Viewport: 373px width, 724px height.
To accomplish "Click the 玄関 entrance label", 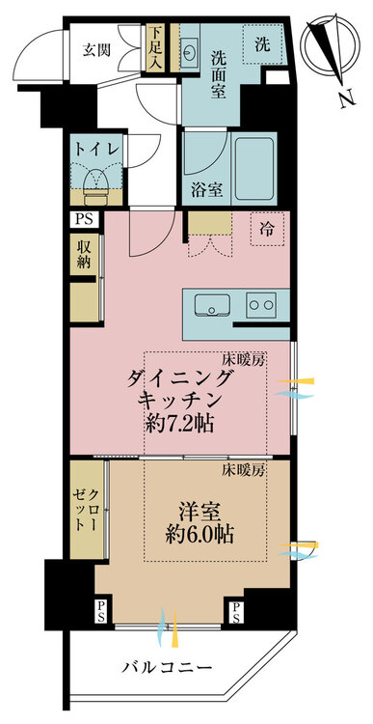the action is (96, 49).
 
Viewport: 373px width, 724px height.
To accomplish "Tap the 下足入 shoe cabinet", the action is (155, 48).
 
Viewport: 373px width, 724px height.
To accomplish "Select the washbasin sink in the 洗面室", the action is (189, 49).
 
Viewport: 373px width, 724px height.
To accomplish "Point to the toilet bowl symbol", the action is (96, 181).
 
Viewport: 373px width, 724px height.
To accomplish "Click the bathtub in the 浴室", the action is (255, 169).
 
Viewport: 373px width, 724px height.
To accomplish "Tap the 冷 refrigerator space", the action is (267, 229).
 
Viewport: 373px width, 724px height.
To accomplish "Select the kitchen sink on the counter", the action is (212, 305).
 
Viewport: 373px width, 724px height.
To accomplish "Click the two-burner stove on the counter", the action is (261, 305).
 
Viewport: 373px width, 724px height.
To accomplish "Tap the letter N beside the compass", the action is (348, 98).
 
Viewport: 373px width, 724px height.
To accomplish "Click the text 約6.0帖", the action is (199, 534).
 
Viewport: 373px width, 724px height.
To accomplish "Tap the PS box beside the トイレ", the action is (85, 219).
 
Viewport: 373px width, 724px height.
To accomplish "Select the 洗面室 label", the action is (218, 74).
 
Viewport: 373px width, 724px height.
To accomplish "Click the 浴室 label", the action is (208, 190).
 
